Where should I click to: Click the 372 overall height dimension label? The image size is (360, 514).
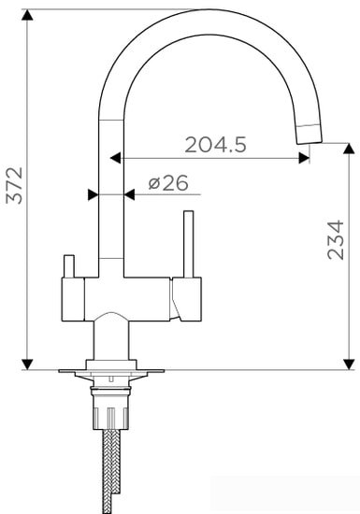14,186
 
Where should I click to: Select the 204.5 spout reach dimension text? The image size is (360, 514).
215,145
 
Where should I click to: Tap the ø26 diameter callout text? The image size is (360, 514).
168,183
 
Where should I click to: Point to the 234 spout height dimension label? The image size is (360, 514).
336,240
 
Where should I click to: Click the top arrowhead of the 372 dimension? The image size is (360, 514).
27,15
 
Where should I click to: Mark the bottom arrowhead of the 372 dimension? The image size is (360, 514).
27,364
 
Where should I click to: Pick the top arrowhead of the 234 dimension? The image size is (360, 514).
349,149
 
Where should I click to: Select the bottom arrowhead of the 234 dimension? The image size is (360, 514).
349,364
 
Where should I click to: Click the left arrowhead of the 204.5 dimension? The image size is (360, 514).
115,158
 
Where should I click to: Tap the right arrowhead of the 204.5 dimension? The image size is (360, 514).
304,158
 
